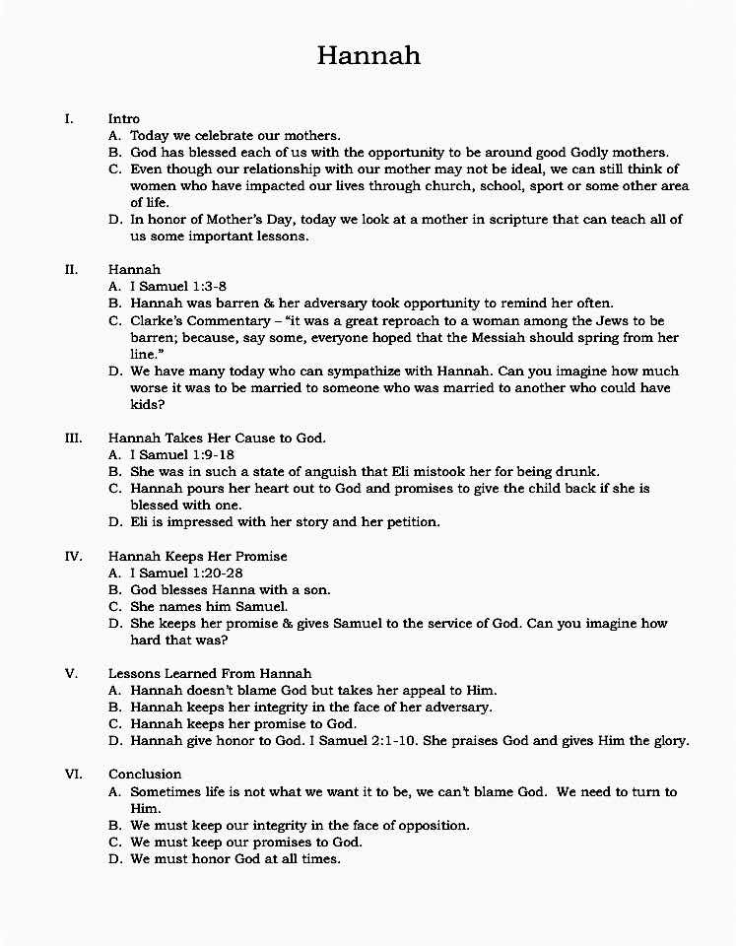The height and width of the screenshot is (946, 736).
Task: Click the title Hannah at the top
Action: (368, 55)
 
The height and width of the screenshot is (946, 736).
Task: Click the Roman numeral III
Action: (73, 438)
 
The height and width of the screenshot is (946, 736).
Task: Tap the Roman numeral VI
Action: (73, 774)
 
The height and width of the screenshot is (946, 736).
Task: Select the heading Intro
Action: (124, 118)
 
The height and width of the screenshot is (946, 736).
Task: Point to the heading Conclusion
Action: (145, 774)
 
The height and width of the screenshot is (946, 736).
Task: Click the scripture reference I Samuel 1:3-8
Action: (178, 286)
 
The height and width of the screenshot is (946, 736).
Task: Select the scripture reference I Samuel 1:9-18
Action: (182, 454)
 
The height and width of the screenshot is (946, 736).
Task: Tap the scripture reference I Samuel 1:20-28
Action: (186, 573)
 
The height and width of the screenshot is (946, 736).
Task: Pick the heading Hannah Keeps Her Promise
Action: (198, 556)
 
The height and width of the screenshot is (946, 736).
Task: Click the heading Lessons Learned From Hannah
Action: (210, 674)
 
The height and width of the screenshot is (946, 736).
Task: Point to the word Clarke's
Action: (158, 320)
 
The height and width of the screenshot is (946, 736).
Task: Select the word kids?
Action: (147, 405)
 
